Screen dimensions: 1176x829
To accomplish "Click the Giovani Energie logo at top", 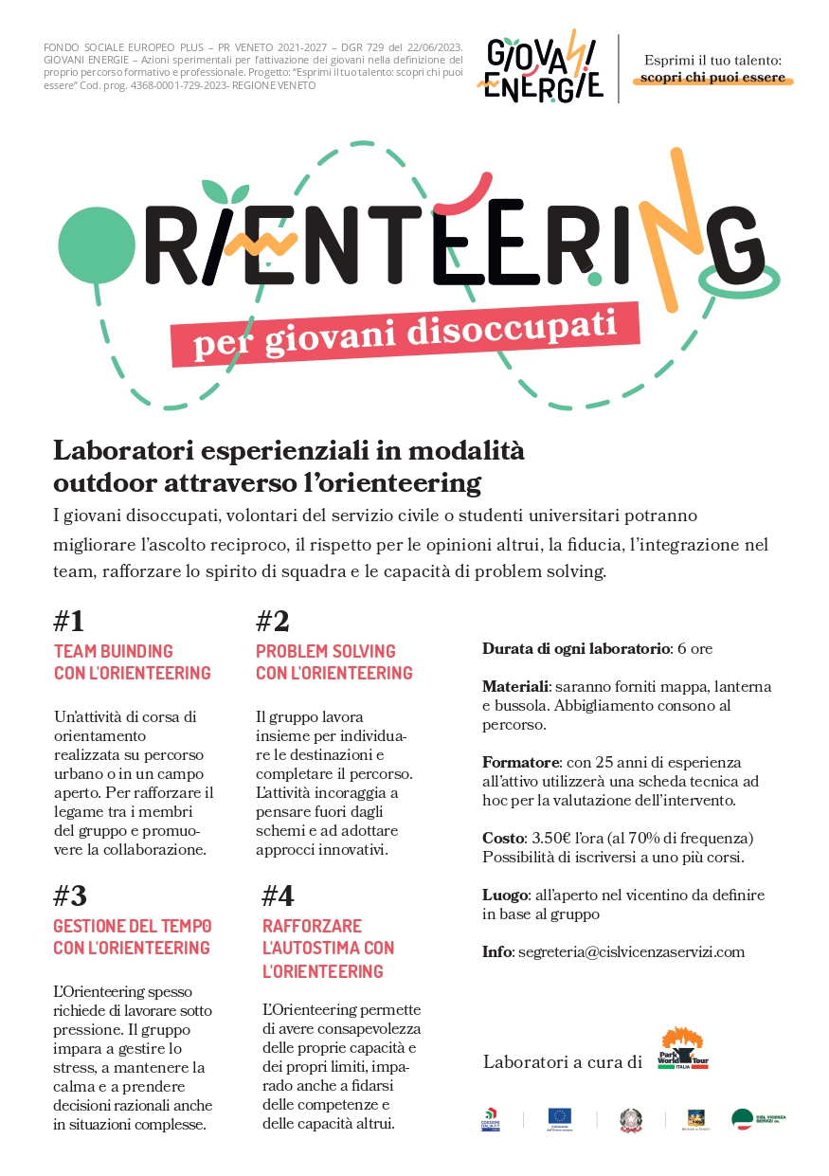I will click(539, 68).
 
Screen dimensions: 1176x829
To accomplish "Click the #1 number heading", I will click(69, 622).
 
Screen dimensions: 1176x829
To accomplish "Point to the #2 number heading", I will click(273, 622).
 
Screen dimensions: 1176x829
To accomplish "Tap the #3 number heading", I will click(70, 896).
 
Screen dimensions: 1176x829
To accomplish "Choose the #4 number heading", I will click(279, 896).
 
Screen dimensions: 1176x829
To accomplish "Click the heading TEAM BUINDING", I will click(114, 651).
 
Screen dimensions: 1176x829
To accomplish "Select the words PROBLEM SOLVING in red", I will click(326, 651).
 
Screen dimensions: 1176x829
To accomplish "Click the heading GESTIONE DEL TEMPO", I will click(132, 926).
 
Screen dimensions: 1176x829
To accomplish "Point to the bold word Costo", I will click(502, 839).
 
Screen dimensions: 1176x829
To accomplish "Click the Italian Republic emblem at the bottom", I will click(631, 1119).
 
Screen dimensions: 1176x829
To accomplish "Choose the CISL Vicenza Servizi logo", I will click(759, 1119).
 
